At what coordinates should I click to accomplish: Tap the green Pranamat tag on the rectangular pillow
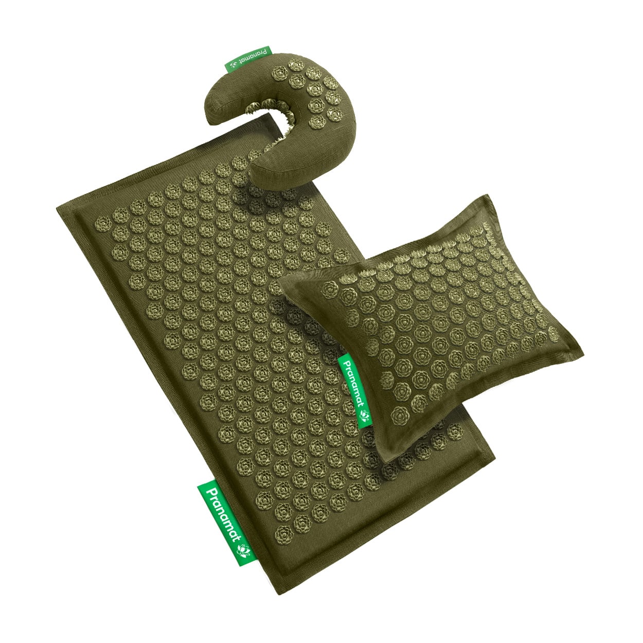pos(355,390)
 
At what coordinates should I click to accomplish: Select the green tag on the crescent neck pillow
pos(247,59)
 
